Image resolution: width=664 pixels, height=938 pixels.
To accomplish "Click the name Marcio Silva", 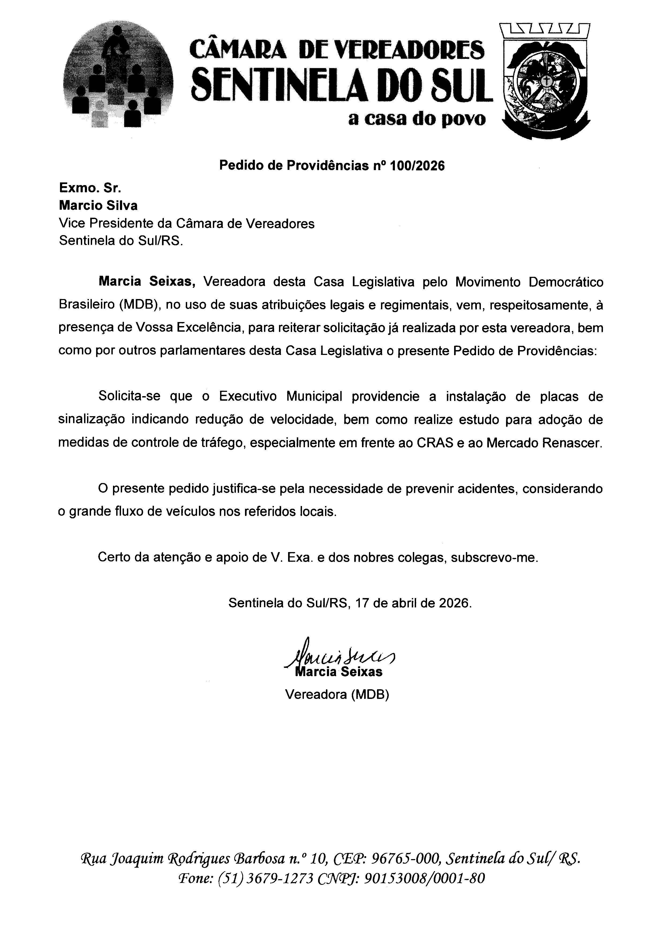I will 98,205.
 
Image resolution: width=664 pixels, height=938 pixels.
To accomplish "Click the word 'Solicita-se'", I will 130,397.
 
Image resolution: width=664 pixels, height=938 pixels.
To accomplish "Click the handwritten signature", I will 339,656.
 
